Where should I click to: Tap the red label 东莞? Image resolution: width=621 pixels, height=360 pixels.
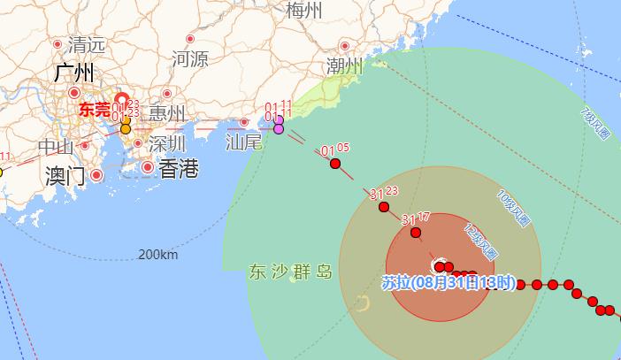pos(95,111)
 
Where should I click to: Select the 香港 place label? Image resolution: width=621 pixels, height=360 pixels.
pos(177,169)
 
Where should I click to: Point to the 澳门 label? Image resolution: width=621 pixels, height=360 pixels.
pos(64,175)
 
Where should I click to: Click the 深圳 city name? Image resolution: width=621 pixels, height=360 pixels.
pos(166,142)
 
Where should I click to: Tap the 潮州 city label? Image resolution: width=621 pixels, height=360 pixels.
pos(344,67)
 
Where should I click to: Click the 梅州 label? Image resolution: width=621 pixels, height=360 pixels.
pos(304,11)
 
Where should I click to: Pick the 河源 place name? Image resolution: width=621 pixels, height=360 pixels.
pos(190,60)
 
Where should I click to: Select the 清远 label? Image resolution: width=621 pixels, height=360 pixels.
pos(87,44)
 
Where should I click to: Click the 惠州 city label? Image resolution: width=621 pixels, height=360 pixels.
pos(166,113)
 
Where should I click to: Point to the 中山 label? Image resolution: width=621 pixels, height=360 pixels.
pos(57,147)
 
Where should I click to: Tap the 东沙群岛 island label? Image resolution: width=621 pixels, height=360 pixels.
pos(290,272)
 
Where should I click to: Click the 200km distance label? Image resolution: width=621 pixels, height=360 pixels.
pos(157,255)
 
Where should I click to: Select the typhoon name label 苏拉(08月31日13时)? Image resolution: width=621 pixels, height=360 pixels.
pos(448,283)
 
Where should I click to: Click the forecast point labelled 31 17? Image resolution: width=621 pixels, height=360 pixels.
pos(417,233)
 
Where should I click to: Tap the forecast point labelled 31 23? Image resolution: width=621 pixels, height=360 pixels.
pos(384,207)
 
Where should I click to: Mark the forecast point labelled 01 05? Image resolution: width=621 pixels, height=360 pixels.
pos(335,163)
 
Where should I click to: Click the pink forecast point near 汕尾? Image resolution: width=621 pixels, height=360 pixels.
pos(279,129)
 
